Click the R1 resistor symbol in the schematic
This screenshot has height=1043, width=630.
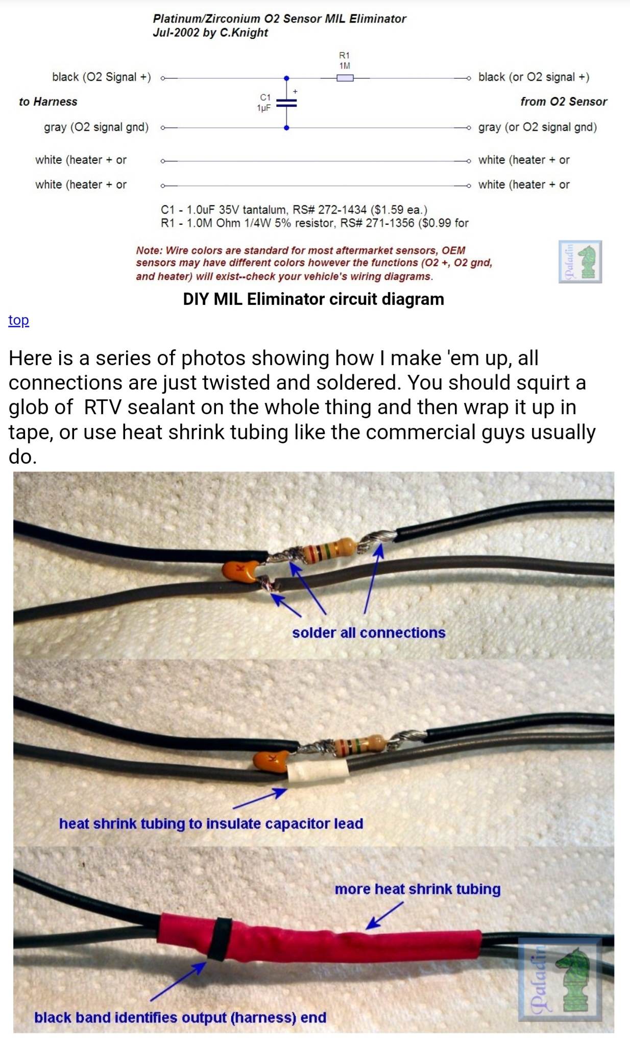(345, 78)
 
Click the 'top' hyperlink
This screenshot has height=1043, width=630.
(18, 320)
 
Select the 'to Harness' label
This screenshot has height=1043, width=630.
(48, 102)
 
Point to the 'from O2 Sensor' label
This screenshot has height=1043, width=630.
(564, 102)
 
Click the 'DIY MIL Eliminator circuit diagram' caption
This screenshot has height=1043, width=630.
(313, 299)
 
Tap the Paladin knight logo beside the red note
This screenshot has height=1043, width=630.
(580, 262)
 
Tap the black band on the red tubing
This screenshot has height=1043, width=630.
(220, 938)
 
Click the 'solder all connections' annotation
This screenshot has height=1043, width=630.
(369, 633)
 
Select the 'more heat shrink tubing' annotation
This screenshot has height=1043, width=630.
(418, 889)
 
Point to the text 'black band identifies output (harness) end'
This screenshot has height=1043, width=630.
(180, 1017)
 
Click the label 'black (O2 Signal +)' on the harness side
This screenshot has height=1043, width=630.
(102, 77)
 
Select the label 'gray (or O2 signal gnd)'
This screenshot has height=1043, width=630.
(538, 127)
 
